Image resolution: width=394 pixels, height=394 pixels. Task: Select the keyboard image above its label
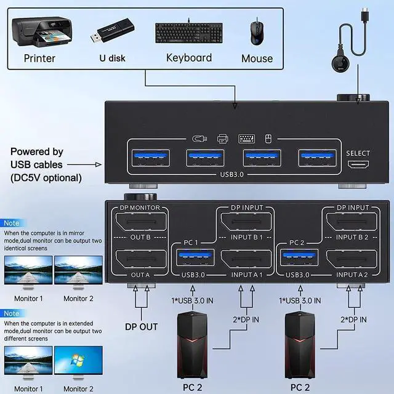(188, 33)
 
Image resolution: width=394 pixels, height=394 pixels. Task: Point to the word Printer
(39, 58)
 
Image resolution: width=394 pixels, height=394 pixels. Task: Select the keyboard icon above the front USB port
(247, 139)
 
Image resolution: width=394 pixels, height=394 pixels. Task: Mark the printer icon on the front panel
(222, 139)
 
